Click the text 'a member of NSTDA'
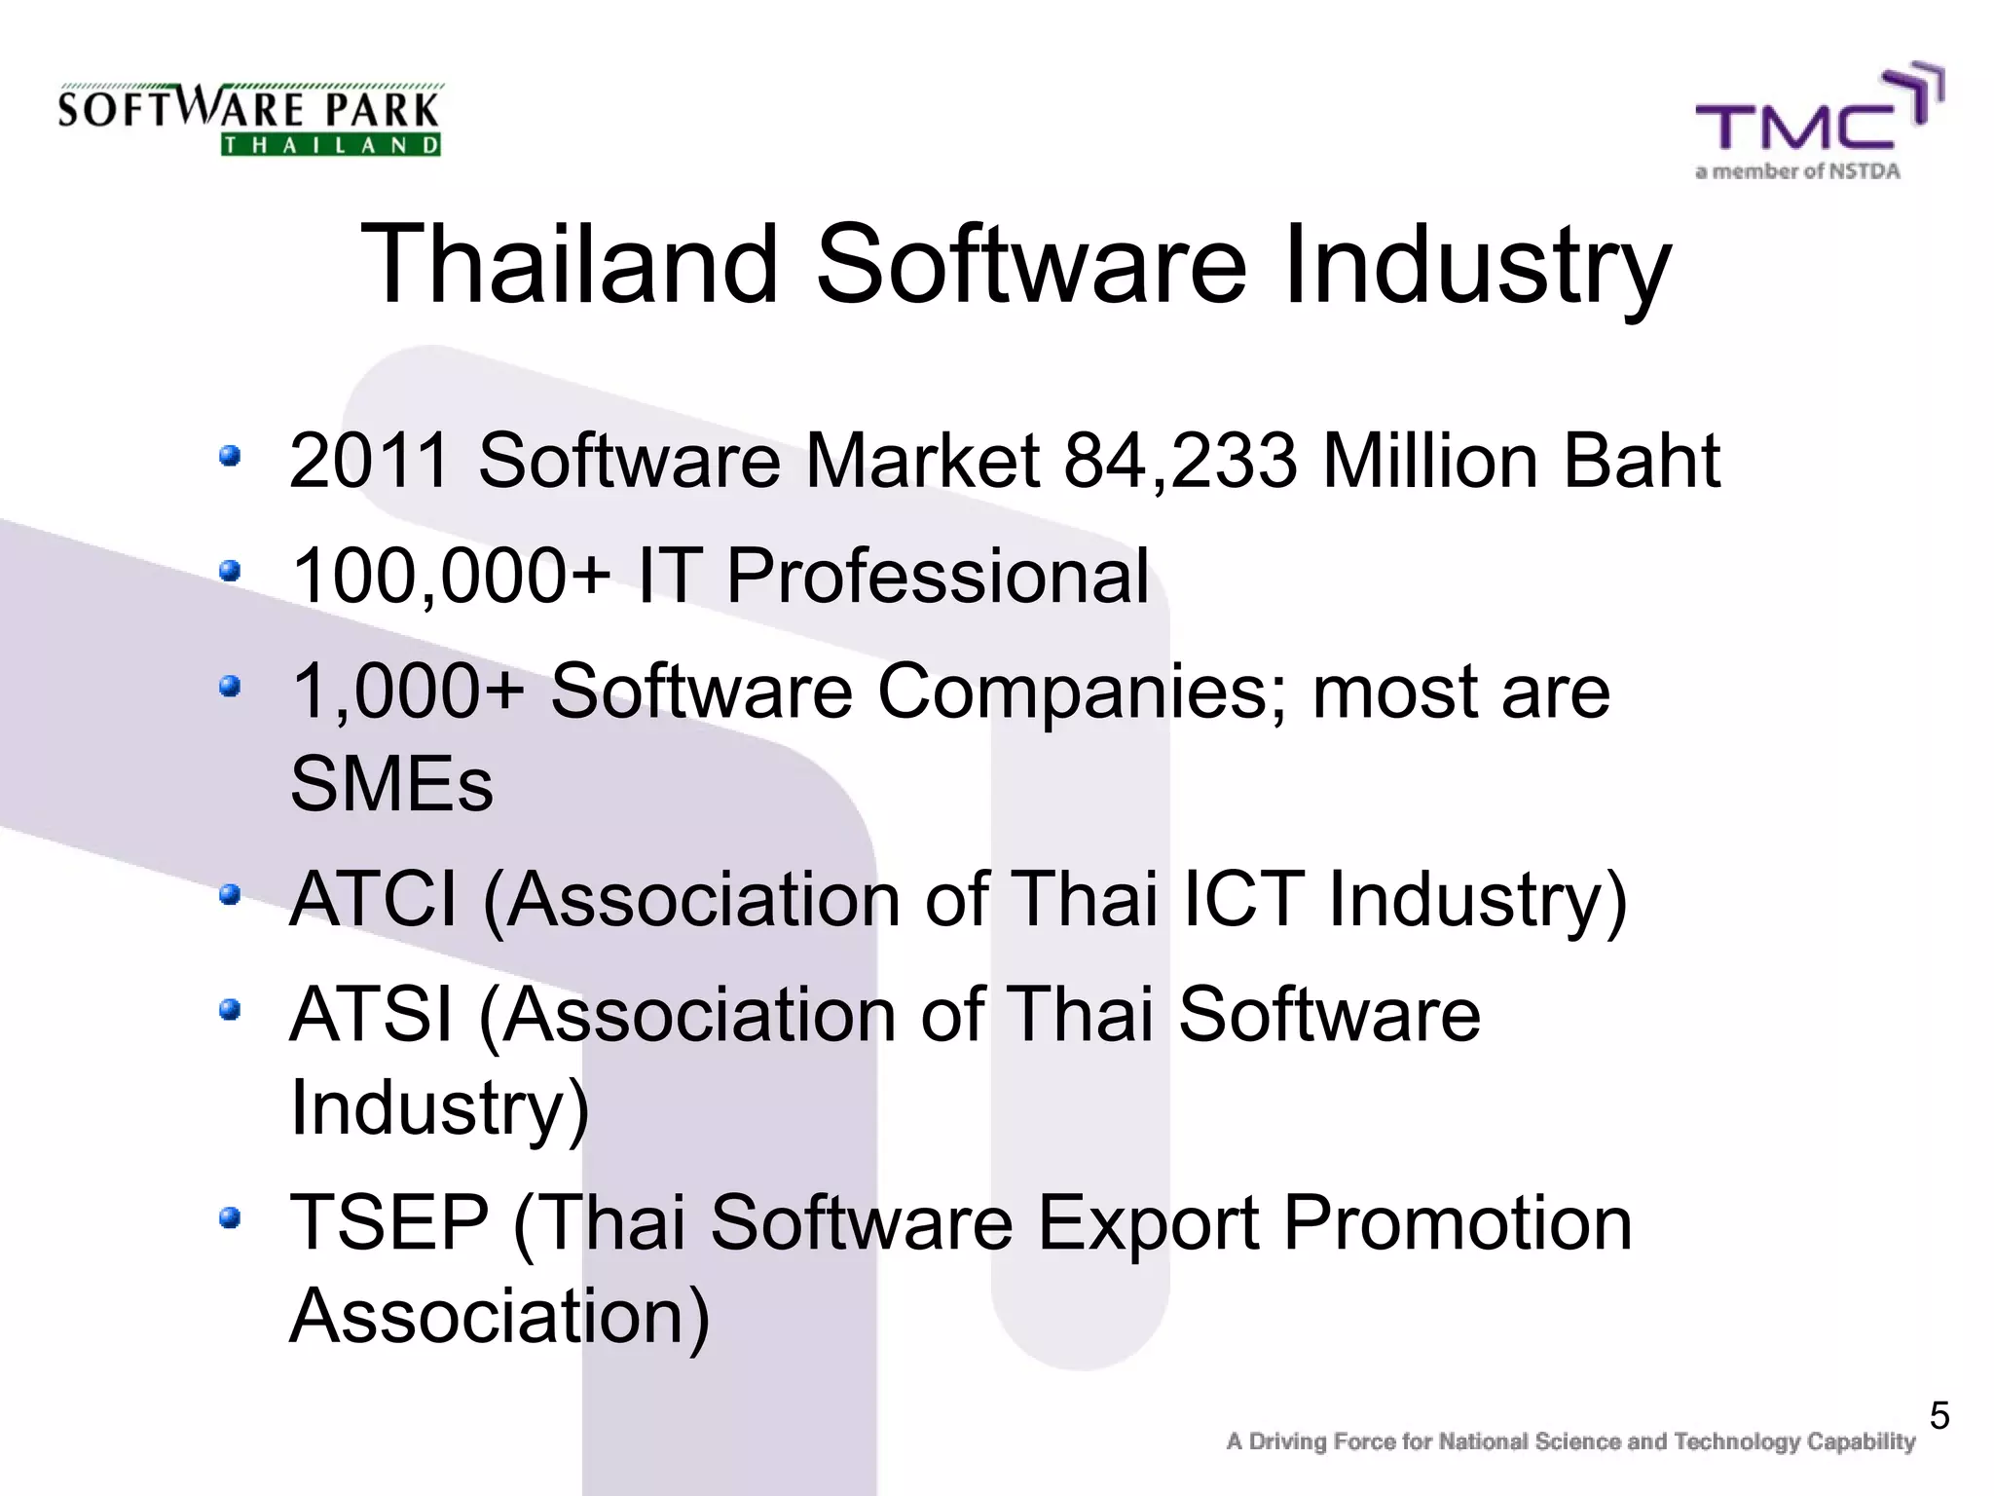[1797, 172]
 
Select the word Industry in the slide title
[1476, 265]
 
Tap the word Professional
[938, 576]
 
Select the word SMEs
[391, 784]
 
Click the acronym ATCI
[374, 899]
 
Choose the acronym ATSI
[371, 1015]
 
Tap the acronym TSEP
[389, 1223]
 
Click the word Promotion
[1458, 1223]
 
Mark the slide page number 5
[1939, 1416]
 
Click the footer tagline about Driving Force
[1569, 1442]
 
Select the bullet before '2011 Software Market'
[230, 456]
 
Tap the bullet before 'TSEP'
[230, 1217]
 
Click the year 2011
[370, 461]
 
